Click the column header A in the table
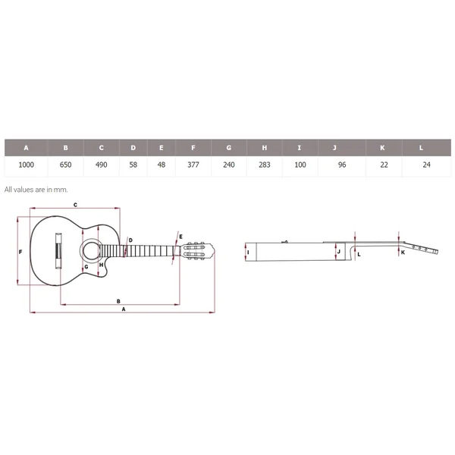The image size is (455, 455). coord(26,148)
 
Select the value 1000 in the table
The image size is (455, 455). coord(27,165)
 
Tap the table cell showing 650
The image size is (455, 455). coord(65,165)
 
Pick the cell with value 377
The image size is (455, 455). coord(193,165)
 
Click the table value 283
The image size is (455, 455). coord(265,165)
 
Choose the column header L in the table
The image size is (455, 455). coord(421,148)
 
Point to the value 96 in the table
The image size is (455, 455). coord(342,165)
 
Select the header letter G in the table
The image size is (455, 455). coord(229,148)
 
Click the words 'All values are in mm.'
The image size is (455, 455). coord(36,190)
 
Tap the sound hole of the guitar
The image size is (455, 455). coord(91,250)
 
